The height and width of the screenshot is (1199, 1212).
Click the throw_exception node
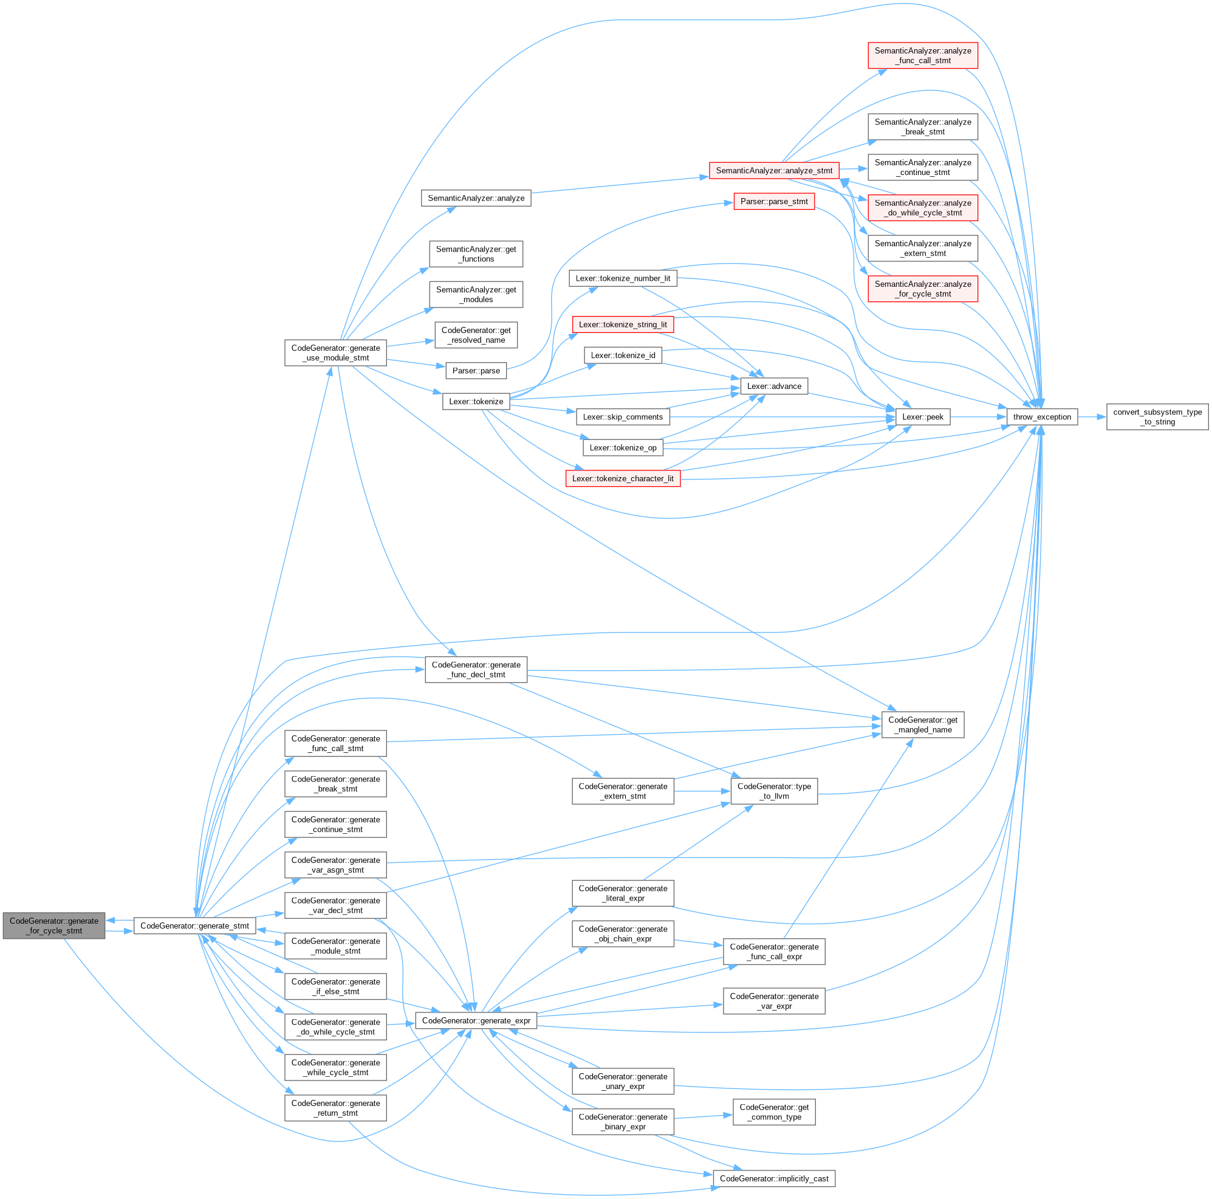click(1041, 417)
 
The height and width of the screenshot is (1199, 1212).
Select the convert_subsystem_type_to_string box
click(1157, 417)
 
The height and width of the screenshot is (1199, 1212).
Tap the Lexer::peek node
click(922, 417)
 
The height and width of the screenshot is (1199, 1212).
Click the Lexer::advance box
click(773, 386)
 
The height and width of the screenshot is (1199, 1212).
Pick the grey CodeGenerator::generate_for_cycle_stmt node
click(54, 926)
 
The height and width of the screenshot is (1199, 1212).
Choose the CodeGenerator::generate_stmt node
click(194, 926)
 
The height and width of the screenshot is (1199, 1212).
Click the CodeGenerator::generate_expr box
click(476, 1020)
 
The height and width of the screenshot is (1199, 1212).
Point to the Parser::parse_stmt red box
click(773, 201)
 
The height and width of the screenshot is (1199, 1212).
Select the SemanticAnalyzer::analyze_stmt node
click(773, 171)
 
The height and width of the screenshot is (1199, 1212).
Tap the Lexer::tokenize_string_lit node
click(622, 325)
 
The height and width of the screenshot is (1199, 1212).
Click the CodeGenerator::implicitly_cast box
click(773, 1178)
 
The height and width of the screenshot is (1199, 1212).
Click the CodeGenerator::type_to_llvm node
click(773, 791)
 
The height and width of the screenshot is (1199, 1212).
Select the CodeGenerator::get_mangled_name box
click(922, 724)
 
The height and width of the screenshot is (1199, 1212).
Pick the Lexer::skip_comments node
click(622, 417)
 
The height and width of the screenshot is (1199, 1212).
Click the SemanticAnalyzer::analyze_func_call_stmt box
click(922, 55)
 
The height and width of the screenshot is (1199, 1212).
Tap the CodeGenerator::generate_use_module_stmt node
click(335, 352)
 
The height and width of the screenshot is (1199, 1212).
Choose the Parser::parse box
click(476, 371)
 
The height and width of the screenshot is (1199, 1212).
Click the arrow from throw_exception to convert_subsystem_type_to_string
click(1092, 417)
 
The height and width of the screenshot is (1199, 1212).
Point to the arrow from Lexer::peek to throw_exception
click(978, 417)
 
